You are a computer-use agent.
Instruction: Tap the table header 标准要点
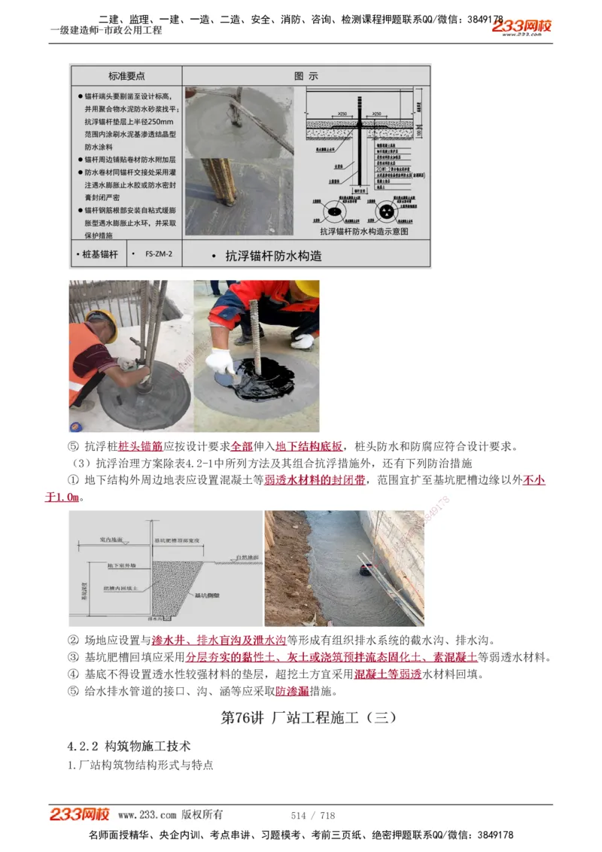pyautogui.click(x=126, y=76)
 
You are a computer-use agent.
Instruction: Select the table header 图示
pyautogui.click(x=306, y=76)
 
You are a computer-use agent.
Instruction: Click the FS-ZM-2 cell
pyautogui.click(x=159, y=254)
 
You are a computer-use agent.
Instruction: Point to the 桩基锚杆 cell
pyautogui.click(x=99, y=254)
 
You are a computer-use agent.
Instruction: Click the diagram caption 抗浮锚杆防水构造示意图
pyautogui.click(x=363, y=232)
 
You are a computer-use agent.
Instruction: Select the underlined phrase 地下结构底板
pyautogui.click(x=309, y=446)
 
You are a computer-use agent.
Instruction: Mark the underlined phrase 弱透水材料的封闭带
pyautogui.click(x=315, y=480)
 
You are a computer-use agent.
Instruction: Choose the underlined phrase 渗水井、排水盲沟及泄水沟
pyautogui.click(x=219, y=641)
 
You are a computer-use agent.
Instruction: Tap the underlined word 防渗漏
pyautogui.click(x=292, y=691)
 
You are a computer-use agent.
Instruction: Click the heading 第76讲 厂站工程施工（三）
pyautogui.click(x=309, y=717)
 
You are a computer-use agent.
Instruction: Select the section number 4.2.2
pyautogui.click(x=84, y=746)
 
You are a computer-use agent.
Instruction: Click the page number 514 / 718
pyautogui.click(x=313, y=815)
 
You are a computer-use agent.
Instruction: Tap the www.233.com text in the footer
pyautogui.click(x=147, y=815)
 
